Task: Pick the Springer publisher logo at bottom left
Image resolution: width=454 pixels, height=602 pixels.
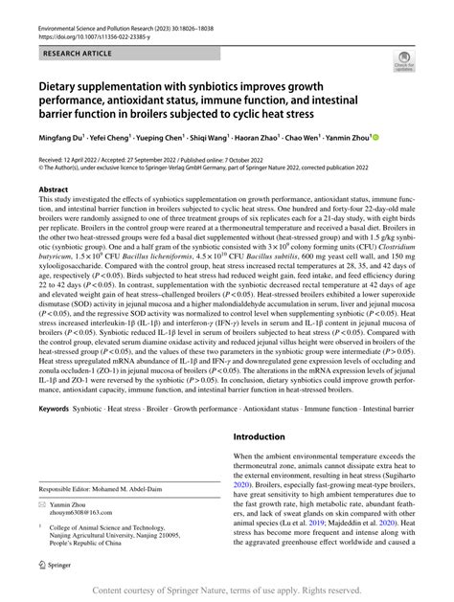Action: pyautogui.click(x=56, y=566)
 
